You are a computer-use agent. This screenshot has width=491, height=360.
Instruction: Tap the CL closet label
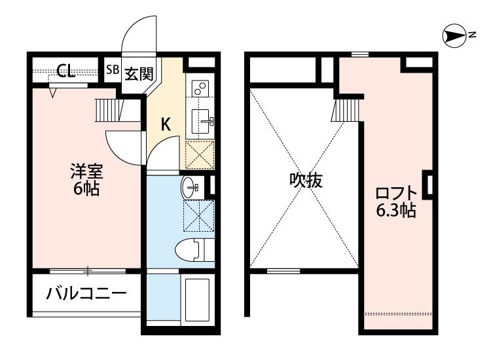coord(65,71)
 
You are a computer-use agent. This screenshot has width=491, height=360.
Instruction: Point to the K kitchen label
coord(166,123)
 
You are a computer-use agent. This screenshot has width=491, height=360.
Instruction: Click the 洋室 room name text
coord(86,173)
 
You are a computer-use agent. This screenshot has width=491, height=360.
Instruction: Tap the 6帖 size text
coord(86,190)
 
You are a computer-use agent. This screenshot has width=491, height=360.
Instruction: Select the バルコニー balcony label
coord(86,294)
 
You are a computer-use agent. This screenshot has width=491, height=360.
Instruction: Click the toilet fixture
coord(194,249)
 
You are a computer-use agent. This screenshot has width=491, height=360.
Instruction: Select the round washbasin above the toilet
coord(191,187)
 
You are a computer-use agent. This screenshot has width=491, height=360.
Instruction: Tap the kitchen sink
coord(200,120)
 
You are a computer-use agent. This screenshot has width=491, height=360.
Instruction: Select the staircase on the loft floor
coord(348,109)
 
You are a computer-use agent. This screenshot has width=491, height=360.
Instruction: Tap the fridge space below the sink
coord(200,155)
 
